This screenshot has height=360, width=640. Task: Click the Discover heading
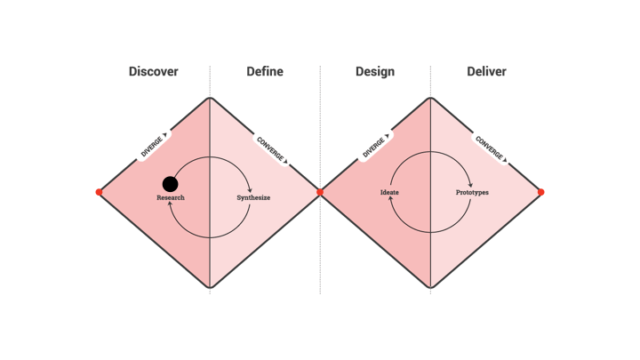click(153, 71)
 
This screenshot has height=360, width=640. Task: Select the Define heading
click(265, 71)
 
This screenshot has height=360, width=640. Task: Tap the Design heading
click(374, 71)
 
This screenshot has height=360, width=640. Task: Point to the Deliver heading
click(486, 71)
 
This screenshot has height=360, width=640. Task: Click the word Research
click(171, 197)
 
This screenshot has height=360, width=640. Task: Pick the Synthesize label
click(253, 197)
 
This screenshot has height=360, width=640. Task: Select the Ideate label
click(389, 192)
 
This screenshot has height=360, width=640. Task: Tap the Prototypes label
click(472, 192)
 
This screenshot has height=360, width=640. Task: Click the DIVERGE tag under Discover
click(153, 146)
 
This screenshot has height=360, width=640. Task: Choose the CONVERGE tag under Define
click(272, 149)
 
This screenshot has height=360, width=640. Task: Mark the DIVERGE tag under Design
click(374, 146)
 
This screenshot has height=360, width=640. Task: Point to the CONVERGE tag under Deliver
click(491, 148)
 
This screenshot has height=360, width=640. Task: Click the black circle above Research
click(170, 184)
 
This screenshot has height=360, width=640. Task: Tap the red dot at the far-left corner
click(99, 192)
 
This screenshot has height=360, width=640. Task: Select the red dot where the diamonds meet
click(320, 192)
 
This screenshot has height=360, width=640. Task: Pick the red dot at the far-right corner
click(540, 192)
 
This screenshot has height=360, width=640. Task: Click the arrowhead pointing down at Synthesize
click(252, 189)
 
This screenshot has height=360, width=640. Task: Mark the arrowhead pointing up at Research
click(170, 204)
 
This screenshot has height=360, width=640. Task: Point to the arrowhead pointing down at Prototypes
click(471, 185)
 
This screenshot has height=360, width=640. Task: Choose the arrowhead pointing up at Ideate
click(390, 199)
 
